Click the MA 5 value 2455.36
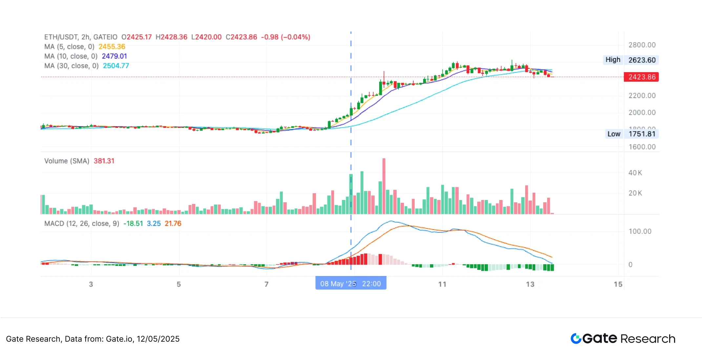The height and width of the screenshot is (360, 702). click(x=112, y=47)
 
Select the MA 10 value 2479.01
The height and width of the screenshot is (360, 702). click(x=114, y=56)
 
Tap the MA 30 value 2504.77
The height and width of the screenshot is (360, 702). click(x=116, y=66)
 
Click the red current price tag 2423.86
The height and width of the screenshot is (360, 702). click(x=641, y=77)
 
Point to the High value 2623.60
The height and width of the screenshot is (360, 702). click(x=642, y=60)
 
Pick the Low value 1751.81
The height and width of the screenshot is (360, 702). click(x=642, y=134)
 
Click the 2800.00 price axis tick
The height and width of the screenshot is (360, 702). click(x=642, y=45)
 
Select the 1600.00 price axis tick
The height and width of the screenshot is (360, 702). click(x=642, y=147)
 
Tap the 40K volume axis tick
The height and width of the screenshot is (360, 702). click(x=635, y=173)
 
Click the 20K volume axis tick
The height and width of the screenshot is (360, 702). click(x=635, y=193)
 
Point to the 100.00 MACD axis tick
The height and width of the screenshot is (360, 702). click(x=640, y=231)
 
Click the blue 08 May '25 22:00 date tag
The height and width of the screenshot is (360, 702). click(x=351, y=284)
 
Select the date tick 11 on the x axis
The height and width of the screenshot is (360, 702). click(x=442, y=284)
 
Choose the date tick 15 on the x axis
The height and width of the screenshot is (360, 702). click(x=618, y=284)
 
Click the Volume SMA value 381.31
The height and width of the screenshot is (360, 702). click(x=104, y=161)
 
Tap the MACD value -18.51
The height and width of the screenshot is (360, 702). click(x=133, y=224)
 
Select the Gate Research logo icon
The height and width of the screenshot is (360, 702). click(x=576, y=338)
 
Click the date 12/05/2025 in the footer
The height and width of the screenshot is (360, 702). click(x=158, y=339)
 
